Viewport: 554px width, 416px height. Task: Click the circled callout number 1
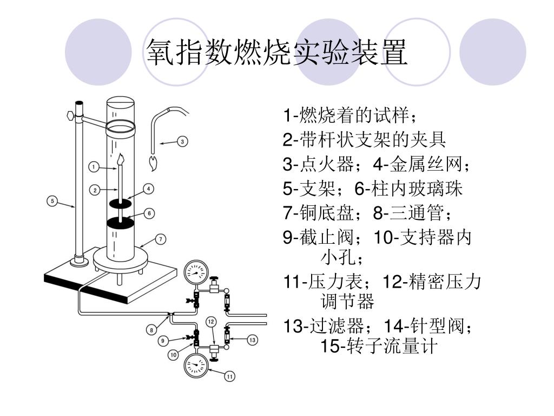[x=93, y=167]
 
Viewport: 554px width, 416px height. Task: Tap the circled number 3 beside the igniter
[x=182, y=141]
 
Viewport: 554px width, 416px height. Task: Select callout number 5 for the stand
[x=52, y=201]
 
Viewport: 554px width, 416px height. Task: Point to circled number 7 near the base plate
[x=160, y=239]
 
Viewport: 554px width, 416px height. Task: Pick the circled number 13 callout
[x=252, y=340]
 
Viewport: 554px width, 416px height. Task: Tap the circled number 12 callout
[x=212, y=322]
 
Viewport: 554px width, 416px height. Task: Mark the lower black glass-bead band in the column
[x=120, y=222]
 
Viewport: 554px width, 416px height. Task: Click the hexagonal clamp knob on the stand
[x=70, y=115]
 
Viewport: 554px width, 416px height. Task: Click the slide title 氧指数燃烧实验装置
[x=276, y=53]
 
